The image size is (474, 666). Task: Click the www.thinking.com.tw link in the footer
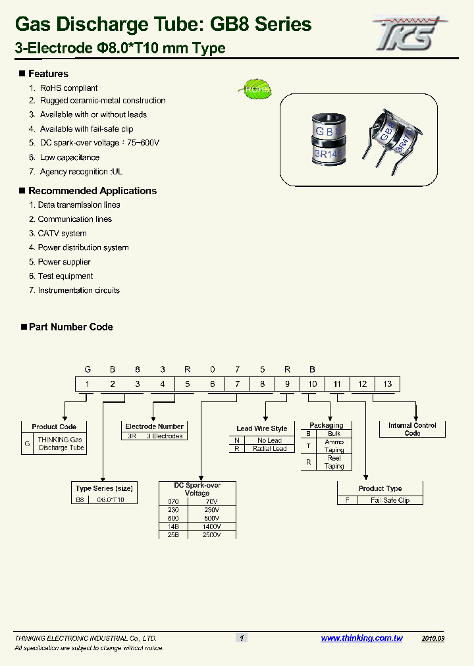(361, 638)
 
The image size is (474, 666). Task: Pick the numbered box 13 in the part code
(387, 384)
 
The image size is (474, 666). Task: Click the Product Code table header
(54, 426)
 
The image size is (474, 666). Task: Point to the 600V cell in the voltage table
(211, 518)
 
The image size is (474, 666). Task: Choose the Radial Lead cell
(270, 449)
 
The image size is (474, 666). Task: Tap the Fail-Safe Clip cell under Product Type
(390, 500)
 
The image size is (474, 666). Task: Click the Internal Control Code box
(412, 429)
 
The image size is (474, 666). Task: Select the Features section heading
(48, 74)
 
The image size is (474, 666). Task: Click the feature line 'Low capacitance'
(70, 157)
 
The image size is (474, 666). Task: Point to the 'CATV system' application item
(62, 234)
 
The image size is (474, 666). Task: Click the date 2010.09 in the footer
(433, 638)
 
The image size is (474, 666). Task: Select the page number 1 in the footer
(242, 638)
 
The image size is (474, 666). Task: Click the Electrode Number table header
(154, 426)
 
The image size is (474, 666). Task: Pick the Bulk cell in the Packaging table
(334, 434)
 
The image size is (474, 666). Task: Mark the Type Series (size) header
(104, 488)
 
